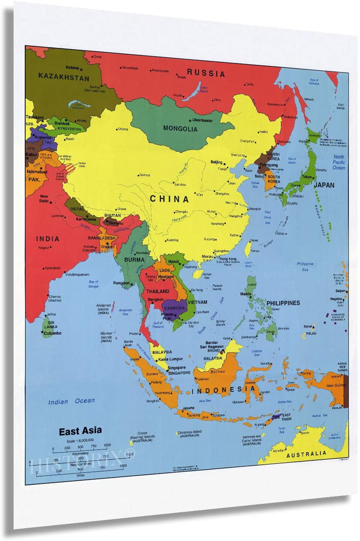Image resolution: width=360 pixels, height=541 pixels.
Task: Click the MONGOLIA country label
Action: (x=180, y=129)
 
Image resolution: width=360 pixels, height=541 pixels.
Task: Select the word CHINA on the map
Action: (x=169, y=198)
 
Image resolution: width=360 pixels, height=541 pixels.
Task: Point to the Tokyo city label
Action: (x=307, y=177)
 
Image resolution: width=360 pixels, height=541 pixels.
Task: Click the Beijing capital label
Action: (x=216, y=162)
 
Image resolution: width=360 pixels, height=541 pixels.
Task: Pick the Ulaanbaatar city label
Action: (x=203, y=120)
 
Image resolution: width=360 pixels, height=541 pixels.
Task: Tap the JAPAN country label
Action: (x=324, y=185)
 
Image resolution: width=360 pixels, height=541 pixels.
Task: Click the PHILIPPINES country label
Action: (x=283, y=303)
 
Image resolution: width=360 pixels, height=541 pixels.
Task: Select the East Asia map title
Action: (x=80, y=431)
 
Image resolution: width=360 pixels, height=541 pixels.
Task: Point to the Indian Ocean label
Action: (x=72, y=401)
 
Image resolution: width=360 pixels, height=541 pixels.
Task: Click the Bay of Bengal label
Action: (x=93, y=284)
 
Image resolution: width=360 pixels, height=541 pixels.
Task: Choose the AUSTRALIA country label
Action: (x=306, y=454)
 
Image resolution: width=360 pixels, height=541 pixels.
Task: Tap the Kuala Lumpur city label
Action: (x=171, y=359)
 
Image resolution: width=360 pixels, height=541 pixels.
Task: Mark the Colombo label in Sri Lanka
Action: (x=53, y=333)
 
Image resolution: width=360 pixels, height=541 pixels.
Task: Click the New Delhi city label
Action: (x=44, y=198)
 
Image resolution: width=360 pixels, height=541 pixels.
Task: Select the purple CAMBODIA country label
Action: (x=175, y=308)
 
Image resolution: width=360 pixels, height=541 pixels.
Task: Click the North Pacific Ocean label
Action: (x=339, y=162)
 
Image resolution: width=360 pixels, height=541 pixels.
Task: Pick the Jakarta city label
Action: (x=188, y=408)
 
